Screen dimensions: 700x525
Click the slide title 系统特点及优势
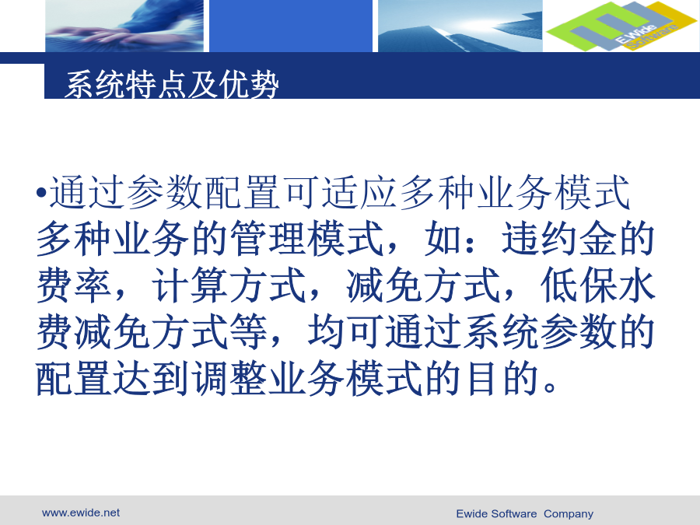(172, 84)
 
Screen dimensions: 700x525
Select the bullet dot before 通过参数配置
(41, 193)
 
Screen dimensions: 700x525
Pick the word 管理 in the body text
(268, 239)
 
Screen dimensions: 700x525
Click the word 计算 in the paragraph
(191, 285)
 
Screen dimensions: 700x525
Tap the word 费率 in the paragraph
(74, 285)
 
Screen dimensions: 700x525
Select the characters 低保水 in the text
(597, 285)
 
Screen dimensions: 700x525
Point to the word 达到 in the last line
(151, 379)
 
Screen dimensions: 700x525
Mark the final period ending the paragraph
(550, 387)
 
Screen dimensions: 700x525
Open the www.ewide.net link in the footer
(81, 513)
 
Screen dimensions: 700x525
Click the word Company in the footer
(569, 514)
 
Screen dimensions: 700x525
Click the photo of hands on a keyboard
(124, 26)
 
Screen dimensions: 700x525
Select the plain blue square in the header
(291, 26)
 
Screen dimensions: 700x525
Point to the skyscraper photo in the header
(460, 26)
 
